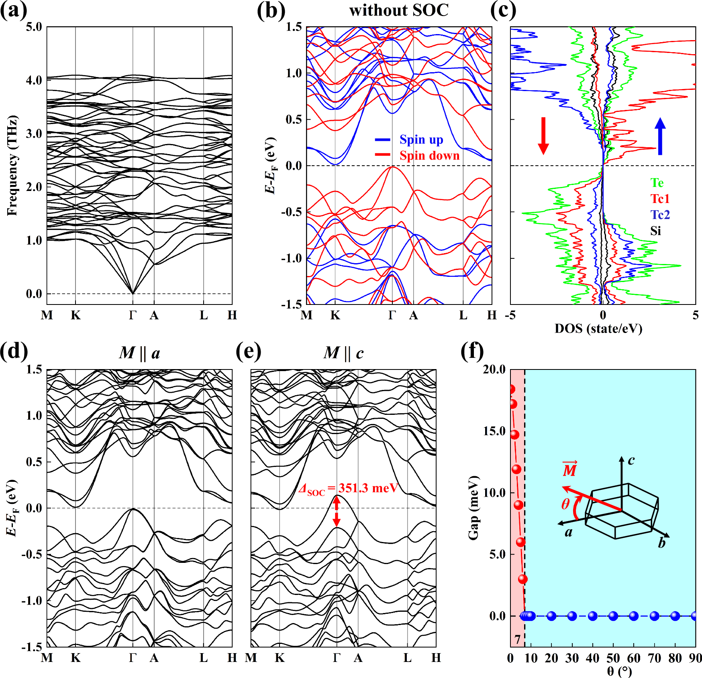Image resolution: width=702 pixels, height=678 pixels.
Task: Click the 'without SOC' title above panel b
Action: click(x=398, y=10)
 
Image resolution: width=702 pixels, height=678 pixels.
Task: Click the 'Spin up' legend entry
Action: click(x=421, y=140)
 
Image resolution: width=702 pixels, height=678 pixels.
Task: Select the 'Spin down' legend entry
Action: click(x=429, y=155)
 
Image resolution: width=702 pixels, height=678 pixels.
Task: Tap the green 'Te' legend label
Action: click(x=657, y=183)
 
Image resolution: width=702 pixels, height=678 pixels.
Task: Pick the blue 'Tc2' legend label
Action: click(x=660, y=215)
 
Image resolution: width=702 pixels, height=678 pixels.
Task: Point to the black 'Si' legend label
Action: click(x=656, y=231)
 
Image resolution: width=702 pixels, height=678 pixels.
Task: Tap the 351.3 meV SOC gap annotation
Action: click(x=349, y=488)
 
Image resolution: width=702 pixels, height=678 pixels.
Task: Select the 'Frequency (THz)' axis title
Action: click(x=12, y=165)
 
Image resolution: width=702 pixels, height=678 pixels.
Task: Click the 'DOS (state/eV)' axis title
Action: click(x=598, y=329)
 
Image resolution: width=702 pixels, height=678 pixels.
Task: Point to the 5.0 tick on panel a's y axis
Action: click(x=34, y=27)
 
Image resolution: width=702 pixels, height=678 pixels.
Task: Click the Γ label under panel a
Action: click(x=133, y=315)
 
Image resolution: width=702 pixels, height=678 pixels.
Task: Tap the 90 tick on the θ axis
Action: click(x=695, y=658)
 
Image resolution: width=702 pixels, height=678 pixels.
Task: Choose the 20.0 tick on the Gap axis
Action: click(x=494, y=369)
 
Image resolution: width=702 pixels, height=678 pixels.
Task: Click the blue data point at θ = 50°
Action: click(x=613, y=616)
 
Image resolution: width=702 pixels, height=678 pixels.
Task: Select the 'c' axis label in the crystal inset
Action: click(x=631, y=460)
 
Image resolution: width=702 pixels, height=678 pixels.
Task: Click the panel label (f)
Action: click(x=472, y=351)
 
